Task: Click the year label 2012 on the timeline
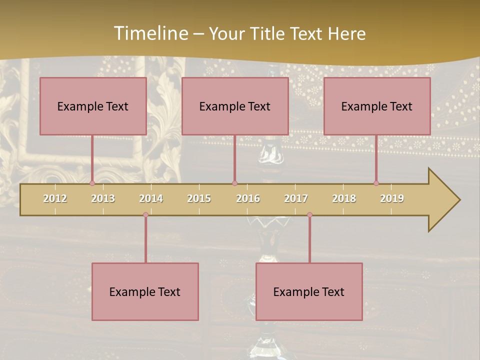pyautogui.click(x=55, y=198)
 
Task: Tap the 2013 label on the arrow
pyautogui.click(x=103, y=198)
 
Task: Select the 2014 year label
pyautogui.click(x=151, y=198)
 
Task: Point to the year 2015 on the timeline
pyautogui.click(x=199, y=198)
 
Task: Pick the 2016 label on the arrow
pyautogui.click(x=248, y=198)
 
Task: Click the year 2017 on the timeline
pyautogui.click(x=296, y=198)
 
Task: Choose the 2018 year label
pyautogui.click(x=344, y=198)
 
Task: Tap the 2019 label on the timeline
pyautogui.click(x=392, y=198)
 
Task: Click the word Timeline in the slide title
pyautogui.click(x=150, y=33)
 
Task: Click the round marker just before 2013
pyautogui.click(x=92, y=183)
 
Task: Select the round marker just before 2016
pyautogui.click(x=234, y=183)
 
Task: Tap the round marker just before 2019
pyautogui.click(x=376, y=183)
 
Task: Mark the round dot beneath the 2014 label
pyautogui.click(x=145, y=215)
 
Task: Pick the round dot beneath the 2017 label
pyautogui.click(x=309, y=215)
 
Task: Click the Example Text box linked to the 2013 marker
pyautogui.click(x=93, y=106)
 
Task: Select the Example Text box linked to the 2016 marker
pyautogui.click(x=235, y=106)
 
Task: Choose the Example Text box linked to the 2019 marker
pyautogui.click(x=377, y=106)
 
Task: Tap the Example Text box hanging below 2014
pyautogui.click(x=145, y=291)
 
